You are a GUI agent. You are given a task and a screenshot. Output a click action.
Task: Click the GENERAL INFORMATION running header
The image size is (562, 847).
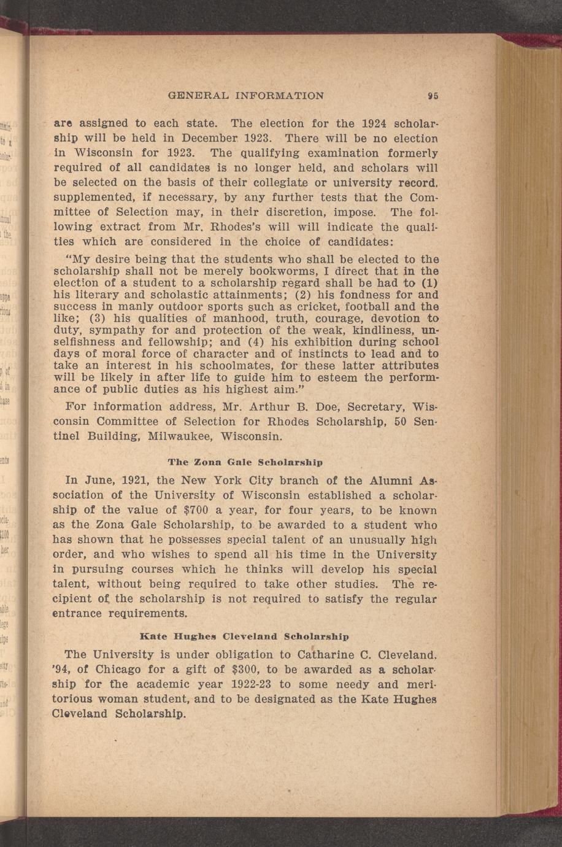[x=245, y=96]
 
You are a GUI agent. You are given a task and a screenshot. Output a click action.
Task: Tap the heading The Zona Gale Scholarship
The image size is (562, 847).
[x=245, y=461]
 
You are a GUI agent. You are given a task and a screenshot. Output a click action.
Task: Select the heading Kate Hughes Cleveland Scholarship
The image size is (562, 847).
[x=245, y=636]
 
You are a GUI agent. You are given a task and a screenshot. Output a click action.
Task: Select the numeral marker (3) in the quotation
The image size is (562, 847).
[x=99, y=319]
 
